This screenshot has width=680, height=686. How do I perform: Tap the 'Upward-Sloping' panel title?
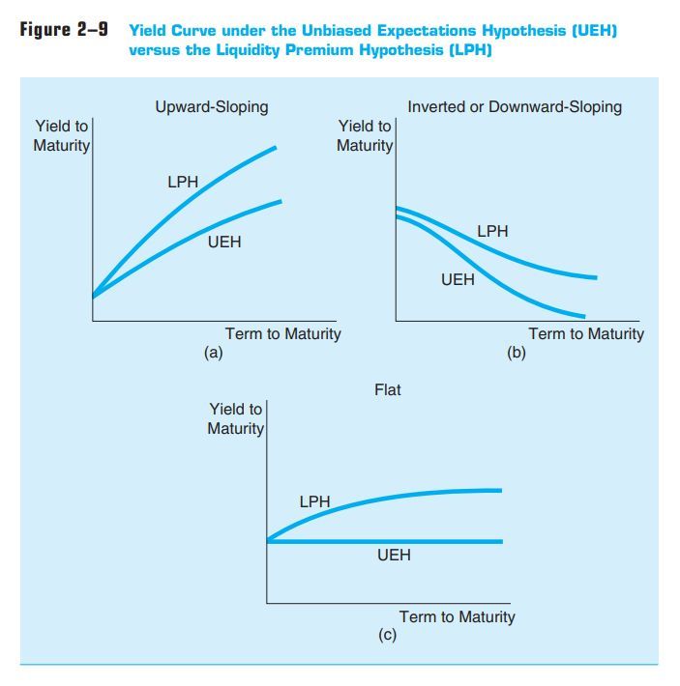[212, 106]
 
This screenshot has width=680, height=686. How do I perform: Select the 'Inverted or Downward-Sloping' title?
[515, 106]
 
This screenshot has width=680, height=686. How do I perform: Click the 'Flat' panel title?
[387, 389]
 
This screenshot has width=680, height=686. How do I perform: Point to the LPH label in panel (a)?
[183, 181]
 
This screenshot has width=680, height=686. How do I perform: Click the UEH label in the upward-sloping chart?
[224, 242]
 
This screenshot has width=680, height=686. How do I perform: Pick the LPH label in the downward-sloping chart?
[492, 232]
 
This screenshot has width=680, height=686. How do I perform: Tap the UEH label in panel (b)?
[458, 280]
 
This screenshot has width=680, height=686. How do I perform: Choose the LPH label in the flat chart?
[314, 501]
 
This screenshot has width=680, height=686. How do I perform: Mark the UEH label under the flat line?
[394, 556]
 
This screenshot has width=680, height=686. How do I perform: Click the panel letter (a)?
[213, 353]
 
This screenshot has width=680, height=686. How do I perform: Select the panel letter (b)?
[517, 353]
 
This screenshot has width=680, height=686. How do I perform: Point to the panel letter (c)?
[387, 636]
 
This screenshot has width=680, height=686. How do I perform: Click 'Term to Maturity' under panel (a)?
[282, 333]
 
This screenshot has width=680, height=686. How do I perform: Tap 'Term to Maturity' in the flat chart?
[457, 616]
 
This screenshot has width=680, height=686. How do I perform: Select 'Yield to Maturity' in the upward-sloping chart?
[62, 136]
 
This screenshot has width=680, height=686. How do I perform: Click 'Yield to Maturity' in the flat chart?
[235, 418]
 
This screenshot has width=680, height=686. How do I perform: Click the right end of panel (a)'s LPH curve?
[276, 148]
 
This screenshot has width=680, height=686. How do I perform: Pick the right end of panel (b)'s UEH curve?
[584, 315]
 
